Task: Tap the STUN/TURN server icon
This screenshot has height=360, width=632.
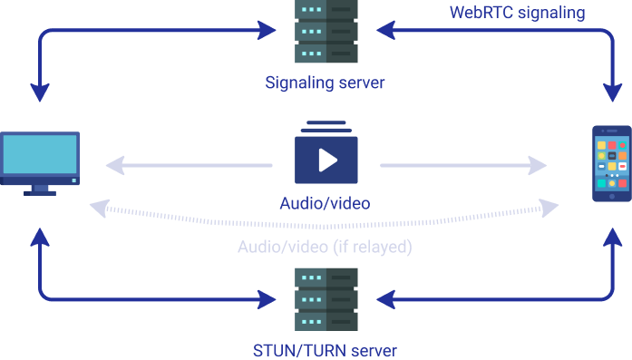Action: click(x=326, y=299)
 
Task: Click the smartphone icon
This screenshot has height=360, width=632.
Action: click(x=612, y=164)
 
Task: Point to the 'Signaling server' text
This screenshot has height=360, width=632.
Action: click(x=326, y=83)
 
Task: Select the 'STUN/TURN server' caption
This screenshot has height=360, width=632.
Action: click(x=326, y=350)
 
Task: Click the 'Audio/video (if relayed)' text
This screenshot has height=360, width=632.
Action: click(x=326, y=247)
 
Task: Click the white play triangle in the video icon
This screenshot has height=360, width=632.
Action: click(x=327, y=161)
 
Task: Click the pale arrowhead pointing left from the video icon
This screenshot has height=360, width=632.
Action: click(x=115, y=165)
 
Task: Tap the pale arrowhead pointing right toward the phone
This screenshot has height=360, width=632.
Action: click(x=538, y=165)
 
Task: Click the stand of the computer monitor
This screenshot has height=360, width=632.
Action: click(x=40, y=190)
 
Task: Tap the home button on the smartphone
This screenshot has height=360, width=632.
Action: click(x=612, y=195)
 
